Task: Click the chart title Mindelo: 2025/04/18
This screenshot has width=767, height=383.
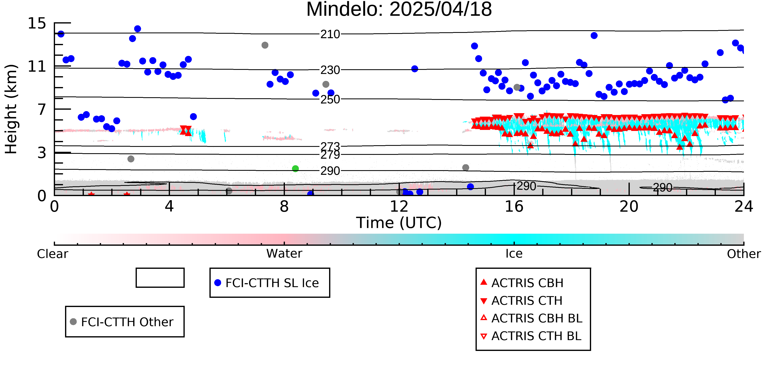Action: (x=399, y=10)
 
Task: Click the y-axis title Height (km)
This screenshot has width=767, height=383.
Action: (x=11, y=109)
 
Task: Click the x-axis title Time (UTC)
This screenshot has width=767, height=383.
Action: (x=399, y=223)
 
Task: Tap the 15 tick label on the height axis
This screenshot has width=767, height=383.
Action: (x=37, y=23)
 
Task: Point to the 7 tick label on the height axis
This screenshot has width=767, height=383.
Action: (x=42, y=109)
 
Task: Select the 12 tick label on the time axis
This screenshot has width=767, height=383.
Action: (x=399, y=206)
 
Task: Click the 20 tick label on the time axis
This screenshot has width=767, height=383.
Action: (x=629, y=206)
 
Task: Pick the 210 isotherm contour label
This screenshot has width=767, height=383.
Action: (x=330, y=35)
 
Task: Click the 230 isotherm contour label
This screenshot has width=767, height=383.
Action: (x=330, y=70)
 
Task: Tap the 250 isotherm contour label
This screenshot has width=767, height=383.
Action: (x=330, y=99)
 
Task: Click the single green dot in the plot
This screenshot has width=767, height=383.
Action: (x=295, y=169)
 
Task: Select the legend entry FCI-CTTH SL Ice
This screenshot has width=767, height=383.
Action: (x=267, y=283)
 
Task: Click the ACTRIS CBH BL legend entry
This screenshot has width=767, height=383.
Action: (x=532, y=318)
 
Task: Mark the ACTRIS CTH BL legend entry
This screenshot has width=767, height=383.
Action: (x=531, y=336)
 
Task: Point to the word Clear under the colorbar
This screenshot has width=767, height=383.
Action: (x=52, y=254)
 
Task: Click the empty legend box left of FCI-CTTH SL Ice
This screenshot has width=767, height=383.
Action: (x=160, y=278)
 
